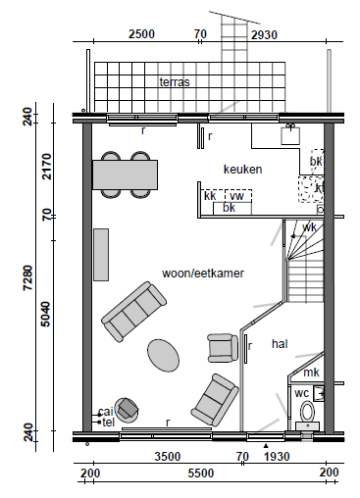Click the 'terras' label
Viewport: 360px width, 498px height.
175,82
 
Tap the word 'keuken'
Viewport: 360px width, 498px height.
242,170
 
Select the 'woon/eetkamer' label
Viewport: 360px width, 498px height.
203,274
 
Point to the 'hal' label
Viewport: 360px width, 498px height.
280,344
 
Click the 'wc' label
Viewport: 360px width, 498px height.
301,393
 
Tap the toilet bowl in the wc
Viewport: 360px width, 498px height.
307,412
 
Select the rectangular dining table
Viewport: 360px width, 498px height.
126,174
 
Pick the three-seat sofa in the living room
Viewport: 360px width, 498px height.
134,312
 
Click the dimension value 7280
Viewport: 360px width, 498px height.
27,277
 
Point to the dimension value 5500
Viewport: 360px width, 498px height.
201,473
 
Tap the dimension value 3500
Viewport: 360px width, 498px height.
168,457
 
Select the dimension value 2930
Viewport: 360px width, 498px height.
264,35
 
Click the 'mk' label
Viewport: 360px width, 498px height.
311,373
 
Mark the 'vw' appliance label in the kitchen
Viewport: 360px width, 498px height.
236,196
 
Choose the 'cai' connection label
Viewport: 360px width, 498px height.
106,412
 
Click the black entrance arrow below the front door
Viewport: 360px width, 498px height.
266,445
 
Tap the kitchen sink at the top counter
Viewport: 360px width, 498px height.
290,135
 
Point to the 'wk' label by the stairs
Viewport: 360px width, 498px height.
309,227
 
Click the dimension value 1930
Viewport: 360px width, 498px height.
277,457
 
